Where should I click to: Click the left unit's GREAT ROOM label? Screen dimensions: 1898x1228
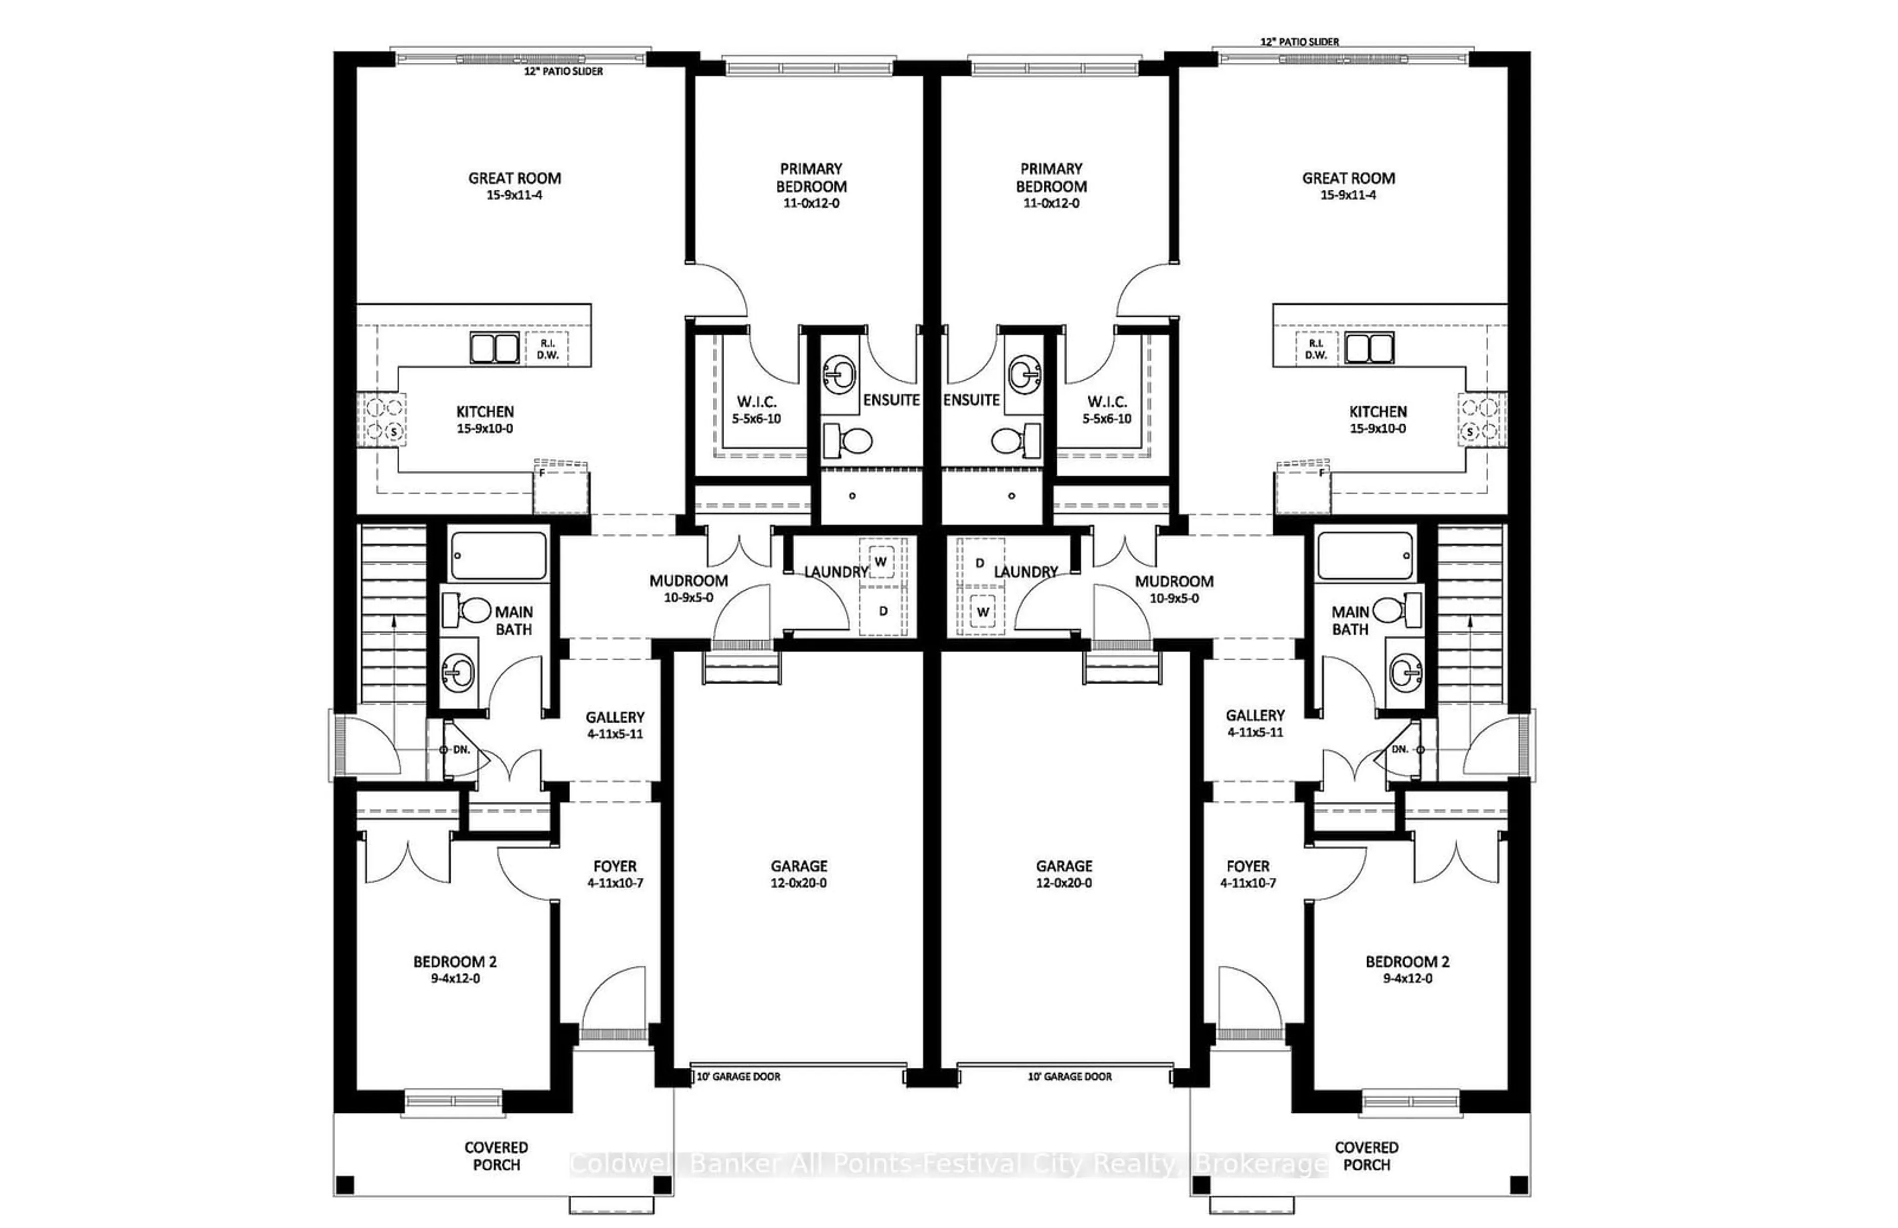514,178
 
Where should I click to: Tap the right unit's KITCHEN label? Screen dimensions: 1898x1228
1378,411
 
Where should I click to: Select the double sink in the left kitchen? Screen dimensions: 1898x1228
494,349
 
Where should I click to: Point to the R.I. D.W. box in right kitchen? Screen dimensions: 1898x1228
1316,349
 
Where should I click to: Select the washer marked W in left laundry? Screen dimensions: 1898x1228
881,562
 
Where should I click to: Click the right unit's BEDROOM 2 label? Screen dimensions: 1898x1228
1408,962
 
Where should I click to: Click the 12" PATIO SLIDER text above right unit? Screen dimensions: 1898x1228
1299,42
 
